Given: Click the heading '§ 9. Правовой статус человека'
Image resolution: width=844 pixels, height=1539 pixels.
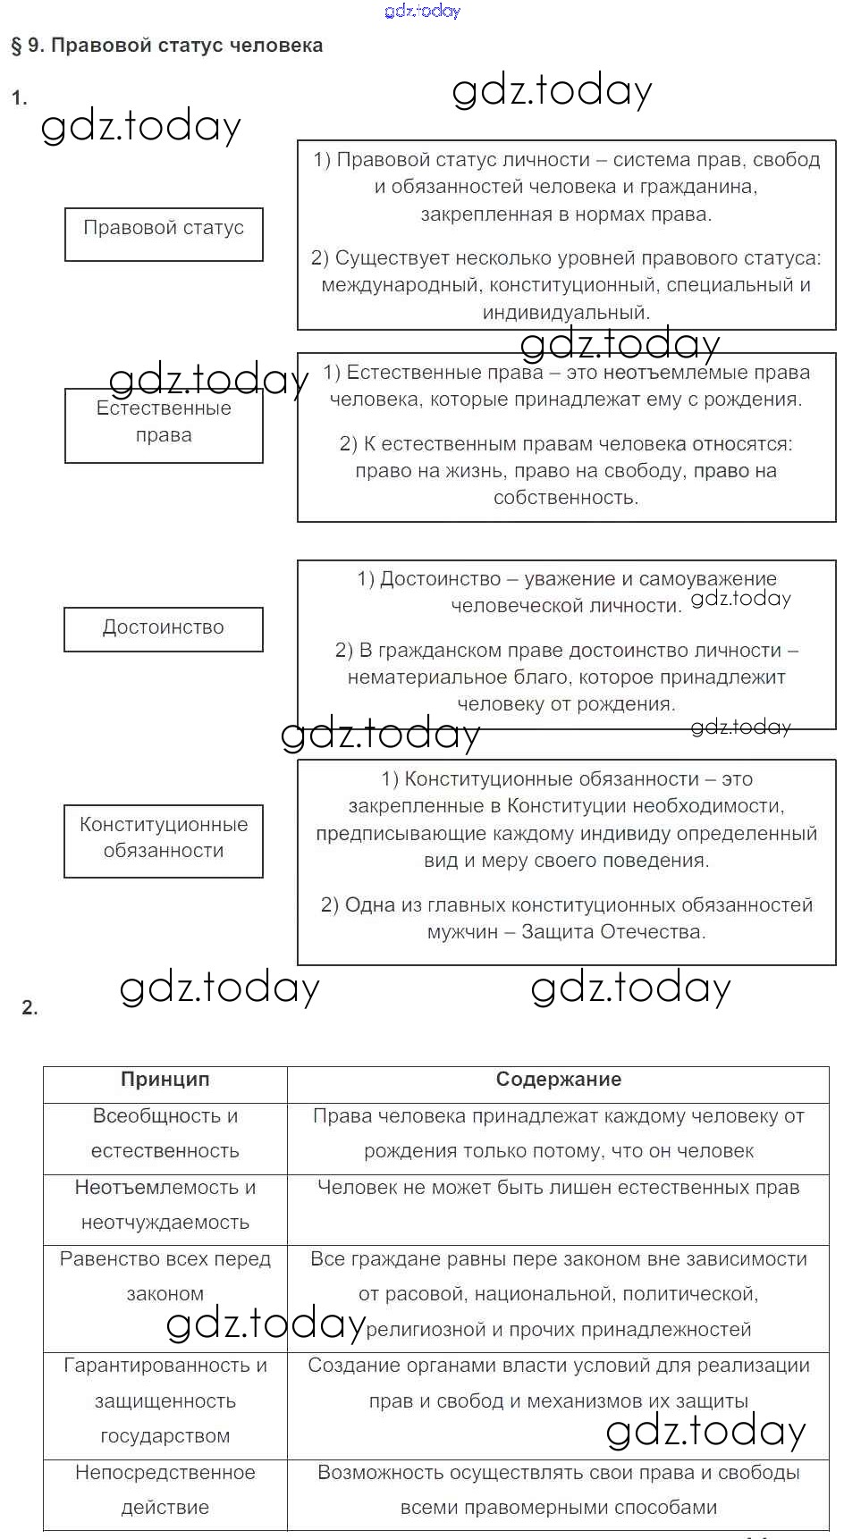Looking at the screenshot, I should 166,46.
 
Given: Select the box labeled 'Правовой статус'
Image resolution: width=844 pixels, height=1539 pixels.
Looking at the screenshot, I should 164,234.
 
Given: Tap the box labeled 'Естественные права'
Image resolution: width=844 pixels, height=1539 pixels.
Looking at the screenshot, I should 164,425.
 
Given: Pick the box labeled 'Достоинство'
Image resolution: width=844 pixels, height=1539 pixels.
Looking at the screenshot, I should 164,628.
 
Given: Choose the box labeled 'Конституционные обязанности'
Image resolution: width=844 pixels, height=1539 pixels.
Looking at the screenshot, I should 164,840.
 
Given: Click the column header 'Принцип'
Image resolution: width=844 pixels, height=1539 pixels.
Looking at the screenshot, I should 165,1080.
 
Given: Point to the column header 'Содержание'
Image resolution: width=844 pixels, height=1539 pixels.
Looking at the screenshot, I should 558,1080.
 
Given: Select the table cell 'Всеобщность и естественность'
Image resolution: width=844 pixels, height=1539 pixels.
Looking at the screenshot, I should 165,1133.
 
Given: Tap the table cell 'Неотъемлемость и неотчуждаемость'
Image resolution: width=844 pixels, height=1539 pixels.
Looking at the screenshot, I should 165,1205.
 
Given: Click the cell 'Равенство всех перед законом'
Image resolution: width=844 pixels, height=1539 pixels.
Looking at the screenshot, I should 165,1276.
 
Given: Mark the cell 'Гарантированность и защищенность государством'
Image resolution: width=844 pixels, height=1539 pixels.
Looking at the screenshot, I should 165,1400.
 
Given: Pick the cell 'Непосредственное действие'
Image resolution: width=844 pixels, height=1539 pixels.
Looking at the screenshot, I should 165,1490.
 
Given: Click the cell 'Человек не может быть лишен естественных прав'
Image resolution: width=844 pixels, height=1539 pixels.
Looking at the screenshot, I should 558,1188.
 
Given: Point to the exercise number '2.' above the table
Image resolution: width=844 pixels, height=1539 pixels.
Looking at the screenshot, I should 30,1008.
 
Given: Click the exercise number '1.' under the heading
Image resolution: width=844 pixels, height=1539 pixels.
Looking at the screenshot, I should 19,97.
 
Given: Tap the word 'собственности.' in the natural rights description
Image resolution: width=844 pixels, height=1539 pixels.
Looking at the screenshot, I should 566,498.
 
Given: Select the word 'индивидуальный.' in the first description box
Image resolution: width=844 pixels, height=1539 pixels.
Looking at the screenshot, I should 566,313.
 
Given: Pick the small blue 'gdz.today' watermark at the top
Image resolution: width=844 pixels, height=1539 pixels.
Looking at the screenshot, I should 422,11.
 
